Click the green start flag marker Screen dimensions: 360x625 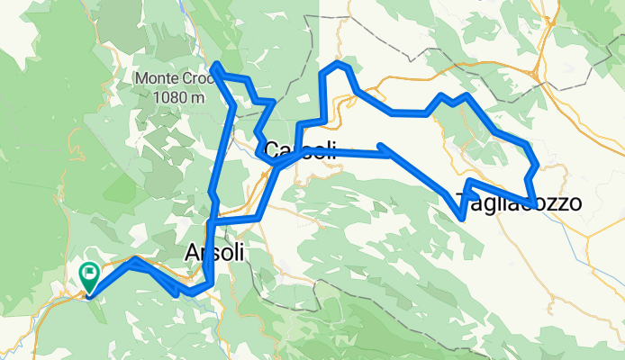point(90,276)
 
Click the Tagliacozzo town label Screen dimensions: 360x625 point(518,202)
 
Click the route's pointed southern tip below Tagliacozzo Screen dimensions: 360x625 point(463,217)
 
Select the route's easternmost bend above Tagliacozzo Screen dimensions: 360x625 point(537,166)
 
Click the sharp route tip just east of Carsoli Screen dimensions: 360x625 point(382,145)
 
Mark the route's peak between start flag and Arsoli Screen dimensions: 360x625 point(134,259)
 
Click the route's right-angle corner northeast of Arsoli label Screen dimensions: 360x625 point(258,218)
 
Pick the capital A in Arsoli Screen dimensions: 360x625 point(191,254)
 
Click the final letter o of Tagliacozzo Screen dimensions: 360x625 point(573,202)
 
